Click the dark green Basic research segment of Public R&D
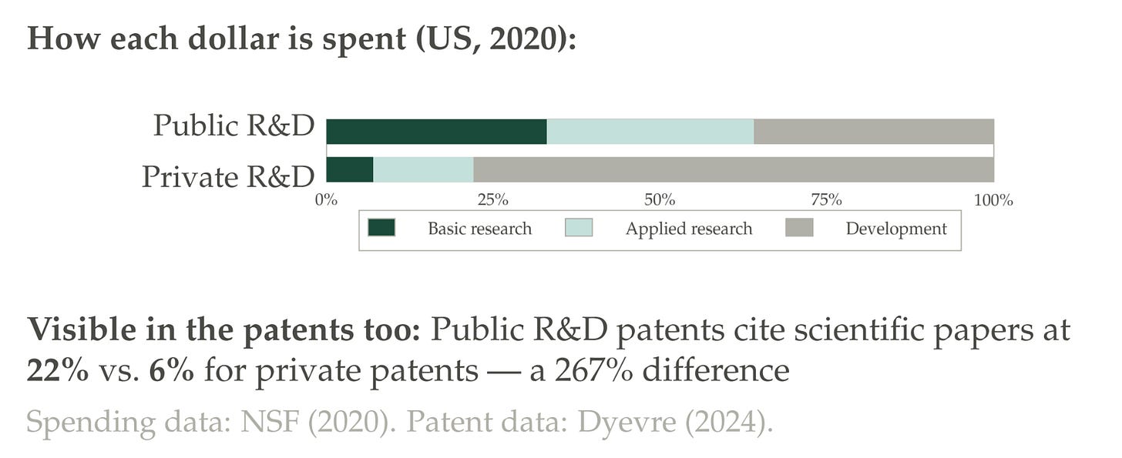click(436, 132)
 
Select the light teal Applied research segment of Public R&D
click(650, 132)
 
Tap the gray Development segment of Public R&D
click(874, 132)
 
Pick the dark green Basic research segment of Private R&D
click(350, 169)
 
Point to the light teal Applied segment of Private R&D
click(423, 169)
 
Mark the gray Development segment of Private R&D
click(734, 169)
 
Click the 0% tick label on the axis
click(326, 200)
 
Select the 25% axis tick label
click(493, 200)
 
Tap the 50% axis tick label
click(660, 200)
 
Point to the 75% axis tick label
click(826, 200)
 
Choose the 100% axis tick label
click(993, 200)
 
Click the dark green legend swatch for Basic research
click(381, 227)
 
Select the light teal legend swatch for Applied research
click(579, 227)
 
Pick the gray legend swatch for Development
click(799, 227)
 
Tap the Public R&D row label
click(234, 125)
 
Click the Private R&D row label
click(228, 177)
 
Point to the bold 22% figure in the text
click(58, 371)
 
